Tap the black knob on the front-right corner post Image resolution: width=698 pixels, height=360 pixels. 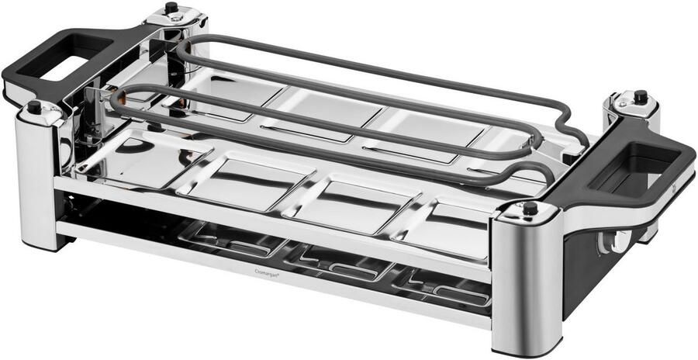[530, 208]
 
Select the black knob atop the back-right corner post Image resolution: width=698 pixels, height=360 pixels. [640, 97]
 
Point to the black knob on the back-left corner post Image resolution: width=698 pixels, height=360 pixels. [171, 9]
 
